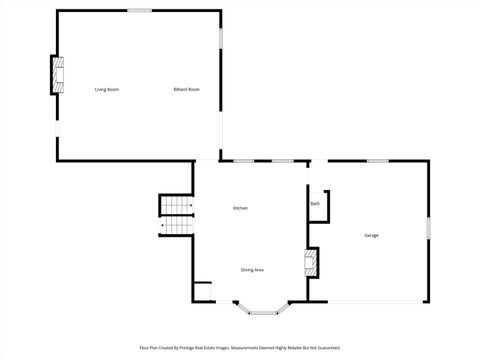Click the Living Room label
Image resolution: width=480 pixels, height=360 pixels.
click(107, 90)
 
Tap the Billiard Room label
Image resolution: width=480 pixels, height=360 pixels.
click(187, 90)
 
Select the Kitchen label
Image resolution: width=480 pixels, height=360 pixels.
click(240, 208)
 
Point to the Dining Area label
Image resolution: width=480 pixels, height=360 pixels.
click(252, 270)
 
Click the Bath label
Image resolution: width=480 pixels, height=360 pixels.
click(315, 204)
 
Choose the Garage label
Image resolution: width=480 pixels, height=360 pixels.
click(371, 235)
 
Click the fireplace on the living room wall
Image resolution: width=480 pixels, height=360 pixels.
click(59, 76)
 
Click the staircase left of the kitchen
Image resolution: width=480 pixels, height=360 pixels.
click(177, 215)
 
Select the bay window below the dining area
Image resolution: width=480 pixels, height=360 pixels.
click(266, 309)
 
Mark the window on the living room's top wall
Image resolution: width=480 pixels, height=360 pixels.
click(139, 11)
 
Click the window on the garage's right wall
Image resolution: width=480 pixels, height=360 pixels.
click(428, 228)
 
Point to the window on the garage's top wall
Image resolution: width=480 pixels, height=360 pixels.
click(377, 161)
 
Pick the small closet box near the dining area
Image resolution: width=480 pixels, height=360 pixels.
click(203, 293)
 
